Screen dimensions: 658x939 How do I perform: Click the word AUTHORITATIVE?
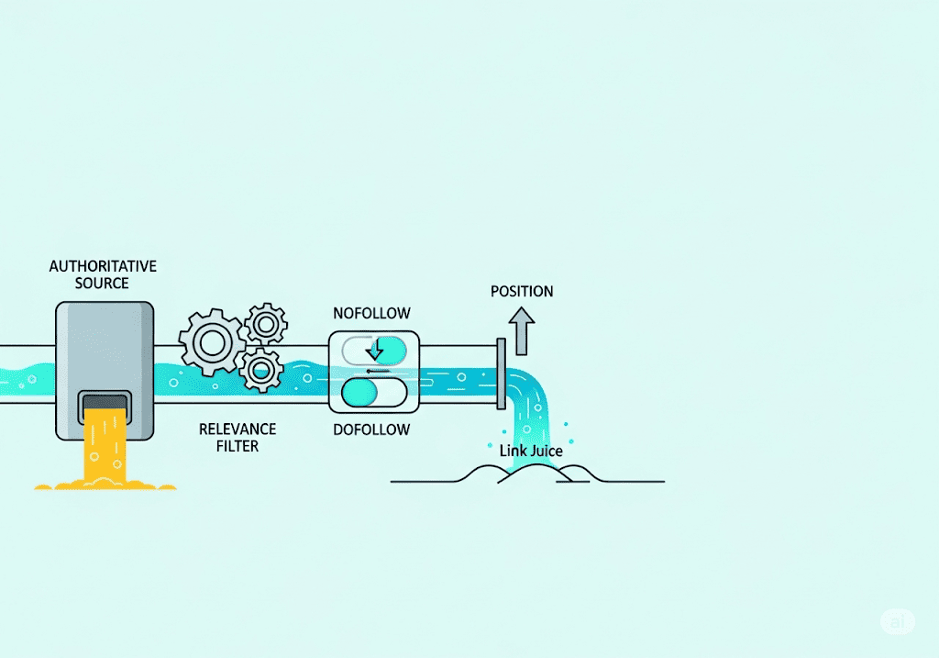click(x=103, y=266)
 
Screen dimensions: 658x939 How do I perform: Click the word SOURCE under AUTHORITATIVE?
click(x=103, y=284)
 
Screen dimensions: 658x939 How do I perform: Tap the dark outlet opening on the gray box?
click(x=104, y=403)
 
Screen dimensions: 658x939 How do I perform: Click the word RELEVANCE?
click(x=238, y=429)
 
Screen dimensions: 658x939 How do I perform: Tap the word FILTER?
click(x=238, y=446)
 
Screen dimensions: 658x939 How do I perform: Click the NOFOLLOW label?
click(x=372, y=313)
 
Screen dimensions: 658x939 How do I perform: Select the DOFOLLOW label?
click(x=372, y=429)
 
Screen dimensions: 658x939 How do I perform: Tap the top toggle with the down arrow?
click(x=373, y=350)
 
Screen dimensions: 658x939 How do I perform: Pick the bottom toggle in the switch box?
click(x=373, y=392)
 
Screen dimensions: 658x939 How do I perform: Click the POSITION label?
click(x=522, y=292)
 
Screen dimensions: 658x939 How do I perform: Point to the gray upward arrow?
click(x=522, y=331)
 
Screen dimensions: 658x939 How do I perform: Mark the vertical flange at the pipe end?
click(x=501, y=374)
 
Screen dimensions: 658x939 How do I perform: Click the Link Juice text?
click(x=531, y=451)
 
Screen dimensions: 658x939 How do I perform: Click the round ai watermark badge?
click(x=897, y=621)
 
